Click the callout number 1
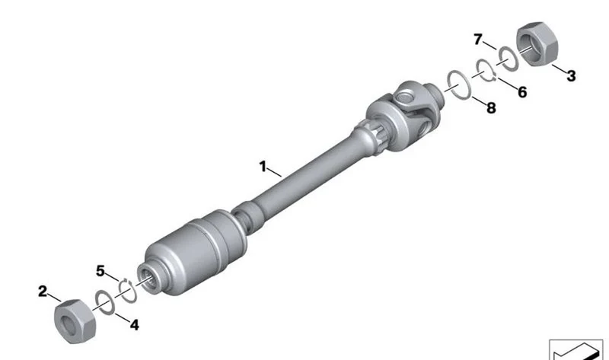pyautogui.click(x=263, y=167)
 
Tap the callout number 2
pyautogui.click(x=43, y=292)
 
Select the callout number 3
pyautogui.click(x=571, y=75)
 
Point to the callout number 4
pyautogui.click(x=135, y=325)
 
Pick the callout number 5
pyautogui.click(x=100, y=271)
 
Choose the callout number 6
pyautogui.click(x=522, y=92)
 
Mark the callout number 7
pyautogui.click(x=478, y=40)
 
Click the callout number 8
pyautogui.click(x=491, y=107)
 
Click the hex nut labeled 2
pyautogui.click(x=75, y=321)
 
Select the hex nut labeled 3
pyautogui.click(x=537, y=44)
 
